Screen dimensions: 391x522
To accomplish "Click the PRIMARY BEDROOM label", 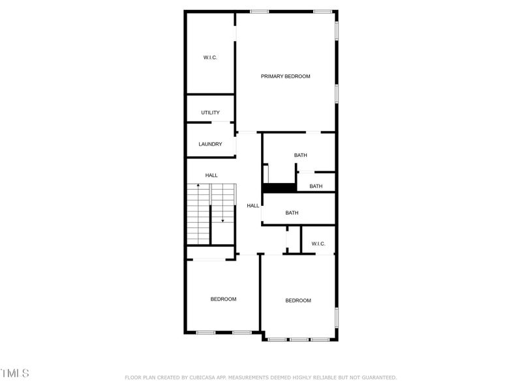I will pos(286,76).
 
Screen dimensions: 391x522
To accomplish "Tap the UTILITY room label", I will pos(210,113).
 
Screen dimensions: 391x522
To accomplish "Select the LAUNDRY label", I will pos(210,144).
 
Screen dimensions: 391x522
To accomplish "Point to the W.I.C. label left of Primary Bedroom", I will pos(210,58).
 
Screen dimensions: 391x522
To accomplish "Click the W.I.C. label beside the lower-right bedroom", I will pos(318,244).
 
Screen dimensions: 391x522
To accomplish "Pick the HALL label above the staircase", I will pos(211,175).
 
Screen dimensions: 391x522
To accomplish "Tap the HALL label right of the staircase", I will pos(253,206).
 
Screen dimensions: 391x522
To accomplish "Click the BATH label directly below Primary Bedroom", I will pos(300,155).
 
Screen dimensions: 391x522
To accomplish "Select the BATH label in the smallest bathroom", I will pos(316,186).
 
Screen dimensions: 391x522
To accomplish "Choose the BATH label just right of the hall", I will pos(292,212).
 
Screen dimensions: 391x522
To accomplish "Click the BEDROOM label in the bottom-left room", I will pos(223,299).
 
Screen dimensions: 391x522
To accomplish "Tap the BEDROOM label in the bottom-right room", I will pos(298,300).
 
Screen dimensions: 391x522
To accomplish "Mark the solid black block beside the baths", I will pos(279,188).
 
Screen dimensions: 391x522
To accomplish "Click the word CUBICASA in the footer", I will pos(197,377).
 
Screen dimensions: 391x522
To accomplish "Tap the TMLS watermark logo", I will pos(15,373).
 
